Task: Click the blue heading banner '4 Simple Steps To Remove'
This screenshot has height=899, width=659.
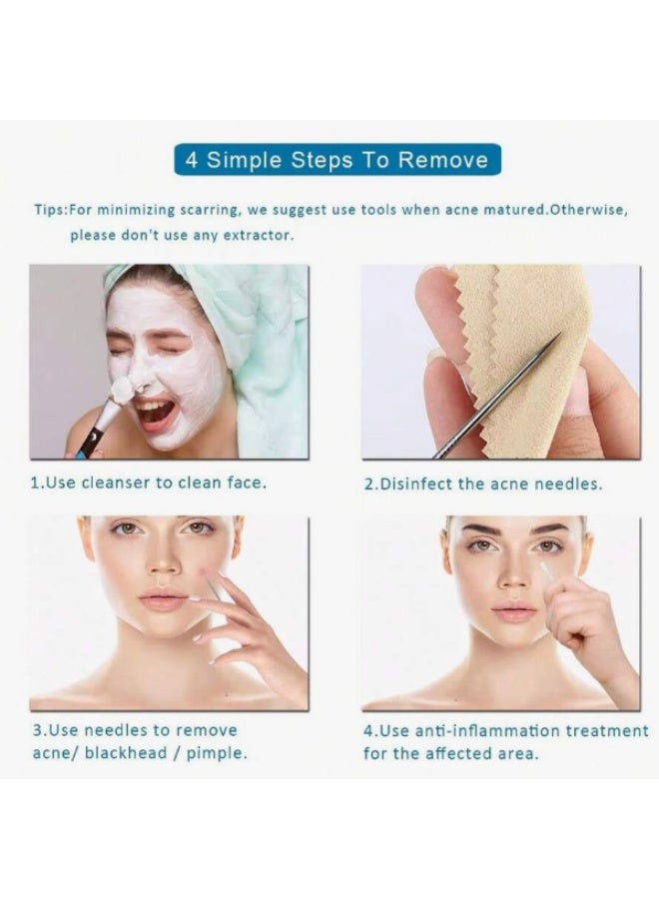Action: coord(336,160)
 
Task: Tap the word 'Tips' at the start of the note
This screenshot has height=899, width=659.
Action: coord(50,211)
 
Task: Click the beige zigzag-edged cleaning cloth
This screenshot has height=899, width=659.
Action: coord(499,340)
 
